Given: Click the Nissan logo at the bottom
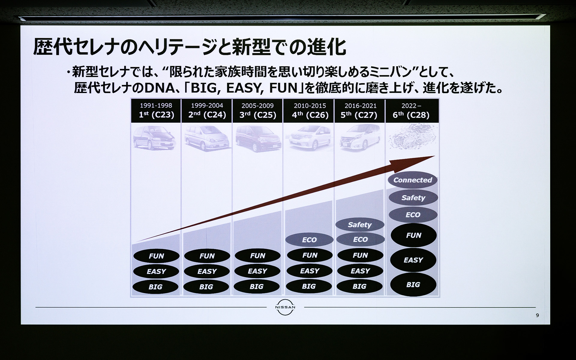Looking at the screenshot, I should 285,307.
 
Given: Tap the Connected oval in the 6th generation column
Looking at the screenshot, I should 412,180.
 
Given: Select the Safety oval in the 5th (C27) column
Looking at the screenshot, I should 360,225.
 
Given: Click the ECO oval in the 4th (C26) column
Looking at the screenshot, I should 309,240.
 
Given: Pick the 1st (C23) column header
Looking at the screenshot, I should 156,115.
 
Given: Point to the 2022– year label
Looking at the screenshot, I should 411,106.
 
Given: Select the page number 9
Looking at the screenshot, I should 537,315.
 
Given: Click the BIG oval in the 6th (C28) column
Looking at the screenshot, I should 413,284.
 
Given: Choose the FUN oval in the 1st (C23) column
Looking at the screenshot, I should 156,256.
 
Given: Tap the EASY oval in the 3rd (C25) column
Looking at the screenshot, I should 257,271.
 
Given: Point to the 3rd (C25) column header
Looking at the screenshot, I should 258,115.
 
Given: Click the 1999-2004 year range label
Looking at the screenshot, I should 207,106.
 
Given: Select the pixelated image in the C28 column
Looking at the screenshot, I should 412,136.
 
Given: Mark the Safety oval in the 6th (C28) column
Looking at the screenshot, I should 413,198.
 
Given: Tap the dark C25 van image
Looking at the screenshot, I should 258,139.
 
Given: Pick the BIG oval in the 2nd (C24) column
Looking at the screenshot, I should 206,287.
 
